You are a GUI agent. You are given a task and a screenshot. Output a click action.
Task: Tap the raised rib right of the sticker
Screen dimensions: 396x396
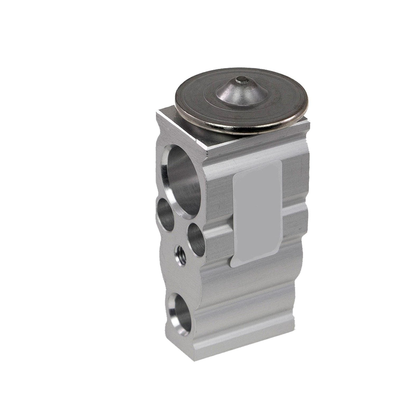point(296,219)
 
